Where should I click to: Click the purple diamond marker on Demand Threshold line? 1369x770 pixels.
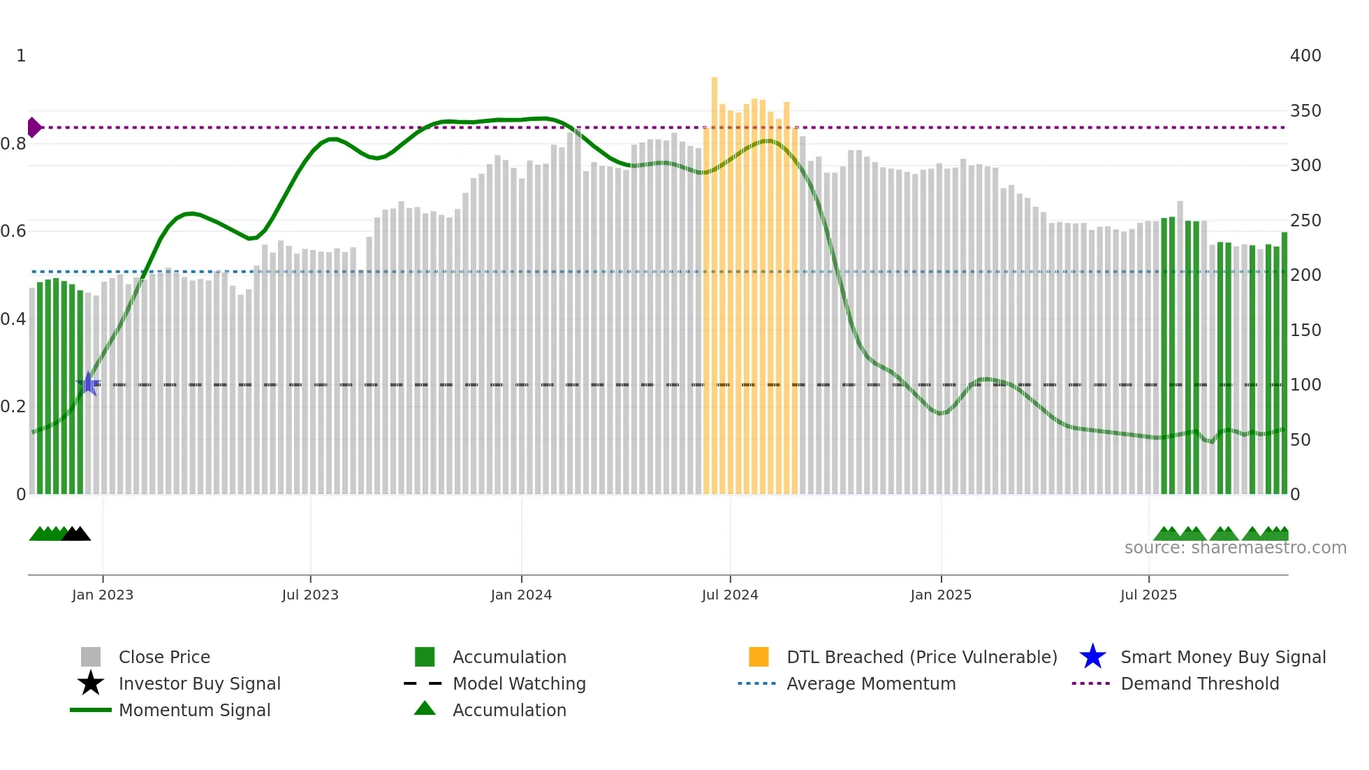click(x=34, y=127)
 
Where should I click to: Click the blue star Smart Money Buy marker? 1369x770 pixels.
click(x=89, y=384)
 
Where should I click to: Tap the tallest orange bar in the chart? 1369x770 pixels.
click(x=715, y=279)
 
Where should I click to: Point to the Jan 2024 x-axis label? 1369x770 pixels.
click(x=521, y=595)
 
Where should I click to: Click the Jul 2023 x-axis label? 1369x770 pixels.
click(x=310, y=595)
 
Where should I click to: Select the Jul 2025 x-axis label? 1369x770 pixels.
click(x=1148, y=595)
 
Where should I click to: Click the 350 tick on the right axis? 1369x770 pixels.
click(x=1305, y=110)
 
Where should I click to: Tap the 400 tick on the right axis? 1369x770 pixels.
click(x=1305, y=56)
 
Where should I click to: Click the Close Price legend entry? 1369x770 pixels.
click(x=163, y=657)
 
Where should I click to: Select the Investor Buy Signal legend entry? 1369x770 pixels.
click(x=199, y=683)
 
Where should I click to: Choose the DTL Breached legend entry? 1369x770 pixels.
click(x=921, y=657)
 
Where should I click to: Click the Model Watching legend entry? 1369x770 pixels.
click(x=518, y=683)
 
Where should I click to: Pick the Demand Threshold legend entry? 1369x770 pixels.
click(x=1199, y=683)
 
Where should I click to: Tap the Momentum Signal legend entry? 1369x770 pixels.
click(x=194, y=710)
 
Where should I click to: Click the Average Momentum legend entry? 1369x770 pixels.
click(x=870, y=683)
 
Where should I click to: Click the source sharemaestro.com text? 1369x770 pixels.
click(x=1235, y=548)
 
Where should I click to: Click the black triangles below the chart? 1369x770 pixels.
click(x=76, y=534)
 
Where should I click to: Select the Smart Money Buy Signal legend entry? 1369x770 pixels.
click(x=1222, y=657)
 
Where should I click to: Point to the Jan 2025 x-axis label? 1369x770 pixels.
click(x=941, y=595)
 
